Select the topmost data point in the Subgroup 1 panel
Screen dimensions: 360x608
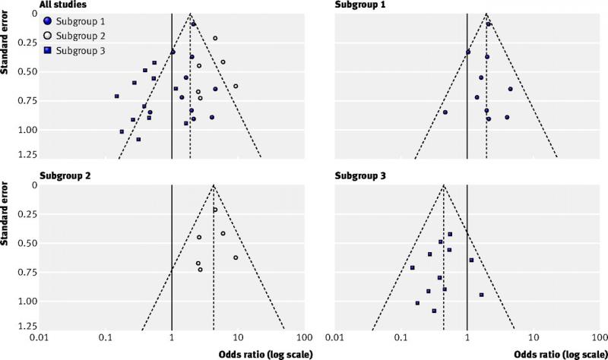[x=489, y=24]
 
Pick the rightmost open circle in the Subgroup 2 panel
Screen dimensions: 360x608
[x=236, y=257]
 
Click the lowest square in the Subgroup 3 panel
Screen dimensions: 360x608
[x=434, y=311]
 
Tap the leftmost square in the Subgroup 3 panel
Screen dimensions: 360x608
[x=412, y=267]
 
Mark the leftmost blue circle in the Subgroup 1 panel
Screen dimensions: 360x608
[x=445, y=112]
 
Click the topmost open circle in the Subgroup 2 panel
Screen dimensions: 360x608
[x=215, y=210]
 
